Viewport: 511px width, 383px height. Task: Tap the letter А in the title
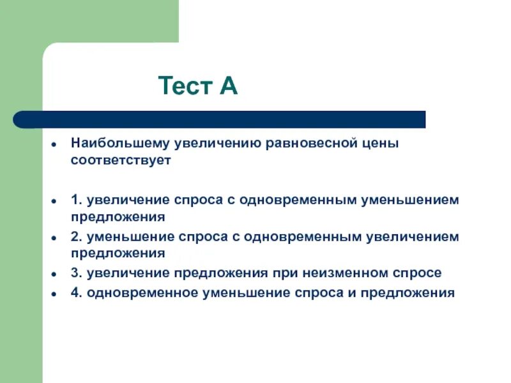[x=229, y=86]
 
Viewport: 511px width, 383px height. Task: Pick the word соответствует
[x=121, y=160]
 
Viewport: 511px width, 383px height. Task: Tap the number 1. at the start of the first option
[x=76, y=200]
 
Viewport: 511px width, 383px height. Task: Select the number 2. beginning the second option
[x=76, y=237]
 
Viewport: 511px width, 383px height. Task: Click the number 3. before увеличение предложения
[x=76, y=273]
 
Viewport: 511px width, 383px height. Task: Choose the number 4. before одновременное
[x=76, y=293]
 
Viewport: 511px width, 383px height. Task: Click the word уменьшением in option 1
[x=411, y=200]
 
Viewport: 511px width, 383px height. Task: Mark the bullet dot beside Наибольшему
[x=56, y=144]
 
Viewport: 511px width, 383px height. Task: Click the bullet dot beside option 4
[x=56, y=294]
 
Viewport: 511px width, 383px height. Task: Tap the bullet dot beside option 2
[x=56, y=237]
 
